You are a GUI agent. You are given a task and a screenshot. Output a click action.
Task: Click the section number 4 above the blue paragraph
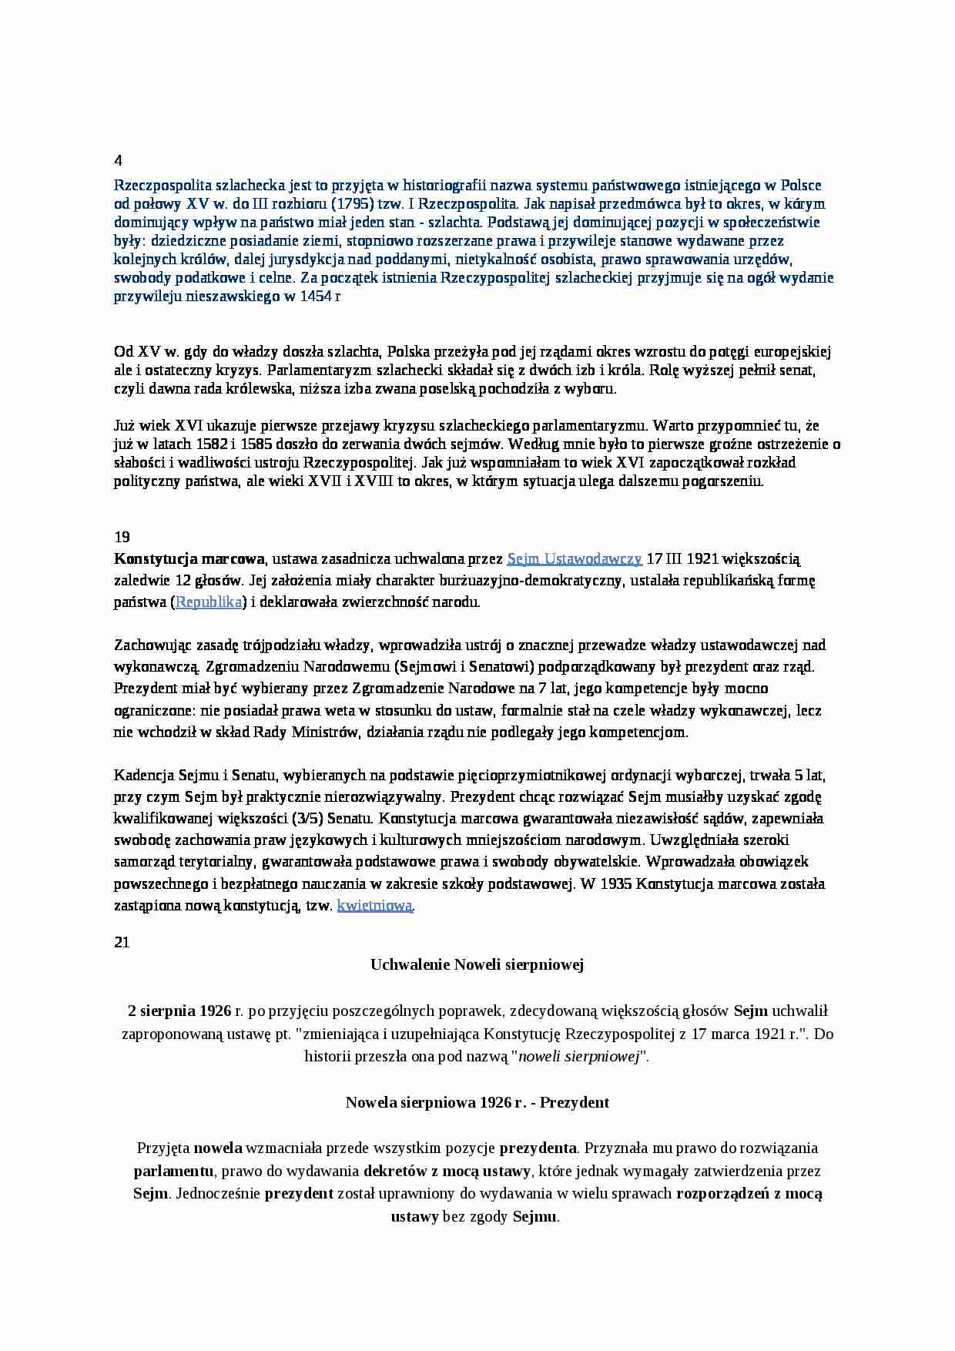click(x=118, y=161)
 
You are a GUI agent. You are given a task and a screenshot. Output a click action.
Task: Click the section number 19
click(x=122, y=537)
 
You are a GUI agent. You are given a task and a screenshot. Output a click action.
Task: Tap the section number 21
click(x=122, y=941)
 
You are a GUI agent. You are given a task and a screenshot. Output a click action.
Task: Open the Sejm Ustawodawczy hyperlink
click(x=575, y=559)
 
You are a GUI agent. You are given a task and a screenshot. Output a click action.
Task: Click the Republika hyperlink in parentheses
click(x=209, y=602)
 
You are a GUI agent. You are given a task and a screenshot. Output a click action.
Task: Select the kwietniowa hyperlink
click(x=375, y=906)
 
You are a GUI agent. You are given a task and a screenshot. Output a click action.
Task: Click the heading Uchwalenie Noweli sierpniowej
click(x=477, y=964)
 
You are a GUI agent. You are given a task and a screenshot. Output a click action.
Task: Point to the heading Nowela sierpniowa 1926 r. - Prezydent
click(x=477, y=1102)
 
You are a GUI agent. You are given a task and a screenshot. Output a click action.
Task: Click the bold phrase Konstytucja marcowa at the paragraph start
click(x=189, y=559)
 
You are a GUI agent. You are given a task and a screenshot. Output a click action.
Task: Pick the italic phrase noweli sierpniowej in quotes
click(x=580, y=1057)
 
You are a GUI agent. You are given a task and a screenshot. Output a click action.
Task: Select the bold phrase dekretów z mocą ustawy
click(x=447, y=1171)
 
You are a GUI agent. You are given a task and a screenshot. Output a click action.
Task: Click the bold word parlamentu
click(x=174, y=1171)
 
